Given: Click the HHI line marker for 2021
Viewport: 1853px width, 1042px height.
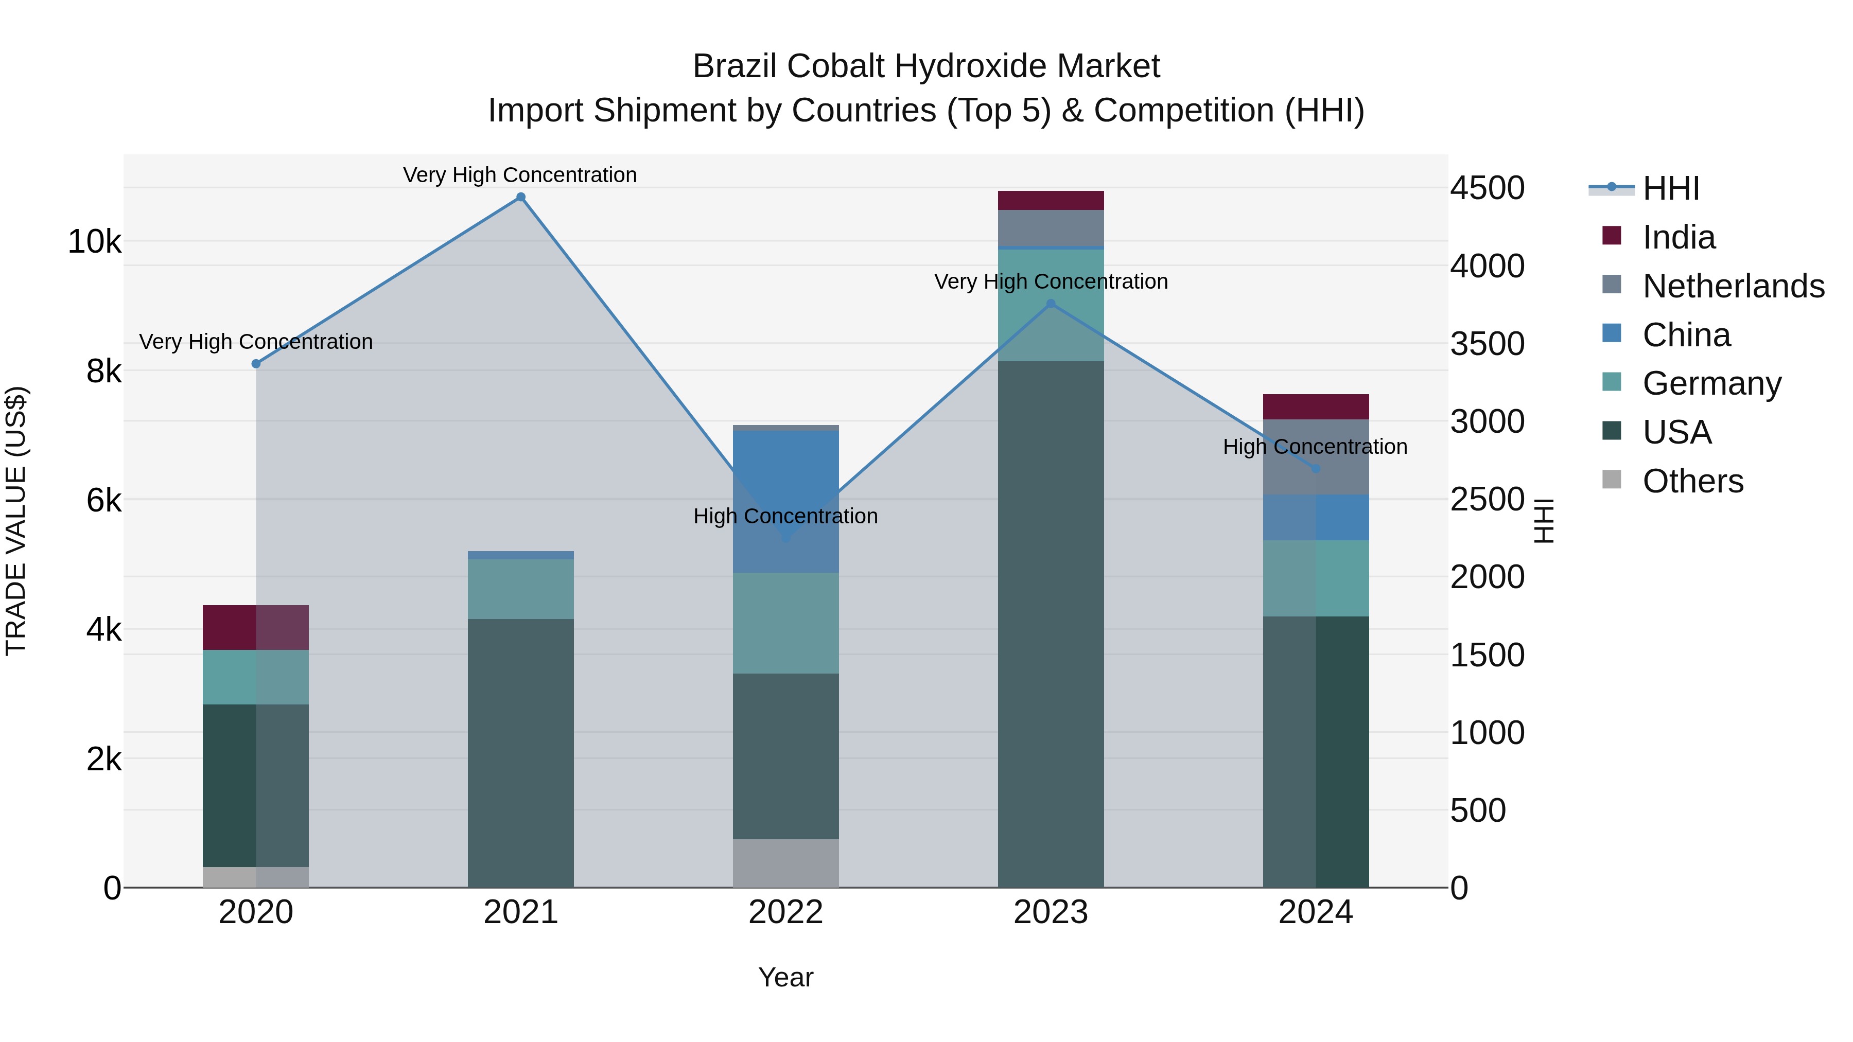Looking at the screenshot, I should point(521,197).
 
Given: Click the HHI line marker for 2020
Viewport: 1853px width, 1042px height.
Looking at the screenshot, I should point(256,364).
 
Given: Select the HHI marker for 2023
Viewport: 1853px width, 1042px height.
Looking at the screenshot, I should point(1051,304).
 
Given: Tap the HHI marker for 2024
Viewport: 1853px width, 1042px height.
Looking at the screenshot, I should point(1316,469).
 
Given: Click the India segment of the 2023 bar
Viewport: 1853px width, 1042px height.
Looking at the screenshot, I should point(1051,201).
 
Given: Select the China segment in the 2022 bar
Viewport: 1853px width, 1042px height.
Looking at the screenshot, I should point(785,501).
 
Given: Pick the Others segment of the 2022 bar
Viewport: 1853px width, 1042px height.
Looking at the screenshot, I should point(785,863).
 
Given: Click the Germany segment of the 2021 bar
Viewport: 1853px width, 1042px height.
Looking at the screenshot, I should point(521,589).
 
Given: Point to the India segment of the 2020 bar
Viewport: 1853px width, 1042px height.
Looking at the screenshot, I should point(256,628).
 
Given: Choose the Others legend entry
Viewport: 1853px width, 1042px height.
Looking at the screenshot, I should point(1692,481).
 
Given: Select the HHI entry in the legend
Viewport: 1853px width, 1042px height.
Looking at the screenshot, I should point(1670,188).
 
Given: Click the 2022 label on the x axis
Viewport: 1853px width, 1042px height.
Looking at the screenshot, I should point(785,912).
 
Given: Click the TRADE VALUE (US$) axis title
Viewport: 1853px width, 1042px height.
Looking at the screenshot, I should point(16,521).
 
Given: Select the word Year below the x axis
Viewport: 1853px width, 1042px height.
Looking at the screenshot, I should point(785,977).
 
